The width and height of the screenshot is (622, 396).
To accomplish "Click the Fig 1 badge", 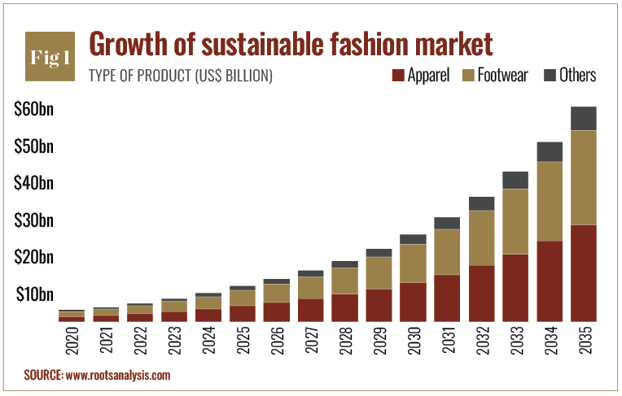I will point(49,57).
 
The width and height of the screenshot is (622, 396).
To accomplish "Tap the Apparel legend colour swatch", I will point(398,76).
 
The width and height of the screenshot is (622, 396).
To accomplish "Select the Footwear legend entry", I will point(493,76).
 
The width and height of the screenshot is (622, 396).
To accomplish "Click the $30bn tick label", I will point(34,221).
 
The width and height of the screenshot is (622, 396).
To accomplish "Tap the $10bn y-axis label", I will point(34,294).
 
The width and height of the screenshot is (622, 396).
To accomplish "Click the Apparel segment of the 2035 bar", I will point(583,272).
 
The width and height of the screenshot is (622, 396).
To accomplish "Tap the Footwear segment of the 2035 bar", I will point(583,177).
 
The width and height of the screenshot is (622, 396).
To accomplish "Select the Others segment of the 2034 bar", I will point(549,151).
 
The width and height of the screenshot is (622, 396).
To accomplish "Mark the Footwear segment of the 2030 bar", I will point(413,263).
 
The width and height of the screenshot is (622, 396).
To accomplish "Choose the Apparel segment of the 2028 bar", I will point(344,307).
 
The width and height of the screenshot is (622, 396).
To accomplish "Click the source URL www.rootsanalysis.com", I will point(118,376).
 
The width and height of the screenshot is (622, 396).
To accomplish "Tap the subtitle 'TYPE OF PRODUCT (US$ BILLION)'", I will point(180,76).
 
